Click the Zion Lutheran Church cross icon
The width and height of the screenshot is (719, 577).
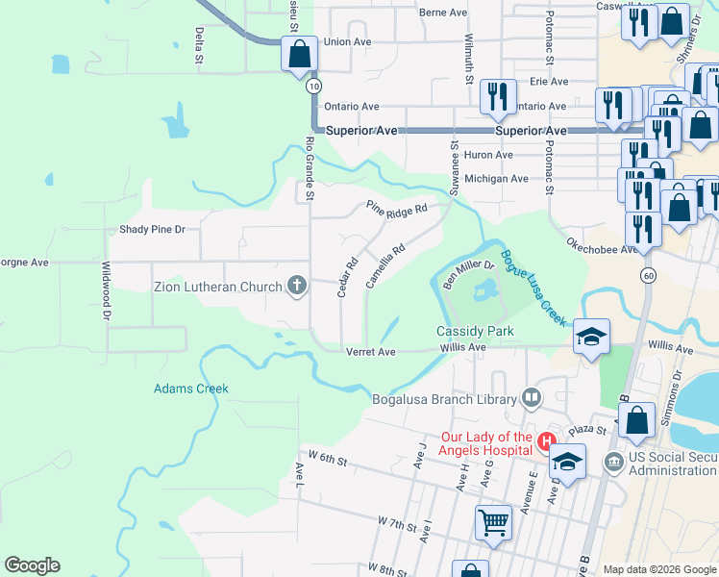click(297, 286)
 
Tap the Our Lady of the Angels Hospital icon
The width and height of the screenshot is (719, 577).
click(547, 442)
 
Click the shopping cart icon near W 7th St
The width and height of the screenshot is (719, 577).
click(493, 523)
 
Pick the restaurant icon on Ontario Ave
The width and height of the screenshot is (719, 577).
click(496, 94)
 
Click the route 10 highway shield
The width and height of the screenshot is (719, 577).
click(313, 87)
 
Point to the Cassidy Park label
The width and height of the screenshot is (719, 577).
click(469, 331)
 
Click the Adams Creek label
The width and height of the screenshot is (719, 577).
click(191, 389)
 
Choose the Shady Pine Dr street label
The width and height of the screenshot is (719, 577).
click(151, 230)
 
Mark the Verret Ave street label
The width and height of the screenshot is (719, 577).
click(372, 352)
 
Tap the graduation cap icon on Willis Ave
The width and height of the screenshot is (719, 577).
click(592, 336)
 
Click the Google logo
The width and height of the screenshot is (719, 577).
click(32, 565)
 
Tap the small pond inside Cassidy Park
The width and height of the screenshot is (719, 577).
click(483, 288)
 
